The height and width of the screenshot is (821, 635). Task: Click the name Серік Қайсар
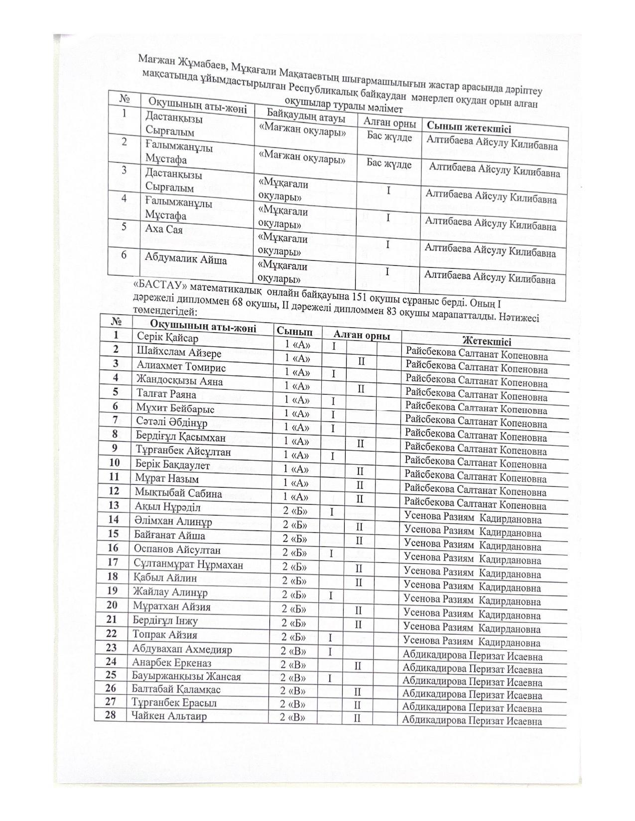[167, 338]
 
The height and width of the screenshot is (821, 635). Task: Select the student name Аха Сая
[164, 230]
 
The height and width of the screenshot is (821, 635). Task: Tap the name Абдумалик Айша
[186, 259]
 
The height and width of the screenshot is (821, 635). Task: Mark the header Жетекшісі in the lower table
[486, 341]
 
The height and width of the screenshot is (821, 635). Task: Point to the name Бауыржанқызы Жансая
[186, 677]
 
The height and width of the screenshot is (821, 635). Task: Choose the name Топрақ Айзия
[165, 635]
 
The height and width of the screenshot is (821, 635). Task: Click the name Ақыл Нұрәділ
[167, 508]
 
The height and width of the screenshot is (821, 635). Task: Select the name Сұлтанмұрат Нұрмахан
[188, 565]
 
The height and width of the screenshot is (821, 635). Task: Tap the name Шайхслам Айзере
[179, 352]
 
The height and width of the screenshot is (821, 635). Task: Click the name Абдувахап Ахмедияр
[182, 649]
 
